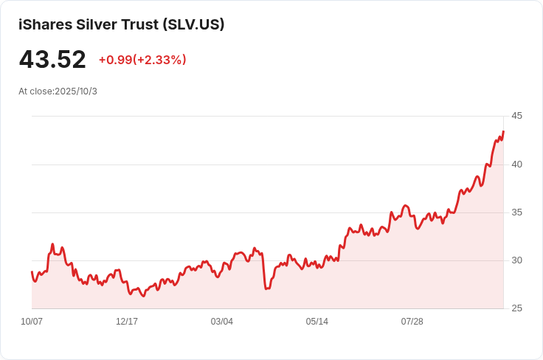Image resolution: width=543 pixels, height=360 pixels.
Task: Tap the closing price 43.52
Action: (52, 60)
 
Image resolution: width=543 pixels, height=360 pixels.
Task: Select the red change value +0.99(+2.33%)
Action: (142, 60)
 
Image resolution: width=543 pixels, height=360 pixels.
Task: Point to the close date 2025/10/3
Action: (76, 91)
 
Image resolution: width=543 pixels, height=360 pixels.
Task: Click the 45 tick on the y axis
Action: (516, 116)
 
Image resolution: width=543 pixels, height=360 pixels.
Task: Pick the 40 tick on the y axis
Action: (516, 165)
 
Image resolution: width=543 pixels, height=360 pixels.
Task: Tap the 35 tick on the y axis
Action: (516, 212)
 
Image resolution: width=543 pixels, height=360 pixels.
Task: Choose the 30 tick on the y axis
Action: (516, 260)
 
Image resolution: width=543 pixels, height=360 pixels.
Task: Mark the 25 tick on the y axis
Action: (516, 308)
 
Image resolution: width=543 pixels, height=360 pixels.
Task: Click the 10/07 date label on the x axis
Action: (32, 322)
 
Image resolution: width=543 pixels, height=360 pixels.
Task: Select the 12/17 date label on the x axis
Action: (127, 322)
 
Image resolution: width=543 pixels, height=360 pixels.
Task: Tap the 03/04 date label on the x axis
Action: (222, 322)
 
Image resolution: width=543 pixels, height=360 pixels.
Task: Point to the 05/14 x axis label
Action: (317, 322)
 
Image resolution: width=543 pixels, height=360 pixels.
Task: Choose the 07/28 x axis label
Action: (412, 322)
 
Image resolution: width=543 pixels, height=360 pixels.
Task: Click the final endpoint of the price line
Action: (503, 132)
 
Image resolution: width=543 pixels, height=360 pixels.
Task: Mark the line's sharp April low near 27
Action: (266, 288)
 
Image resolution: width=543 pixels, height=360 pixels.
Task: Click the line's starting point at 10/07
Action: (32, 272)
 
